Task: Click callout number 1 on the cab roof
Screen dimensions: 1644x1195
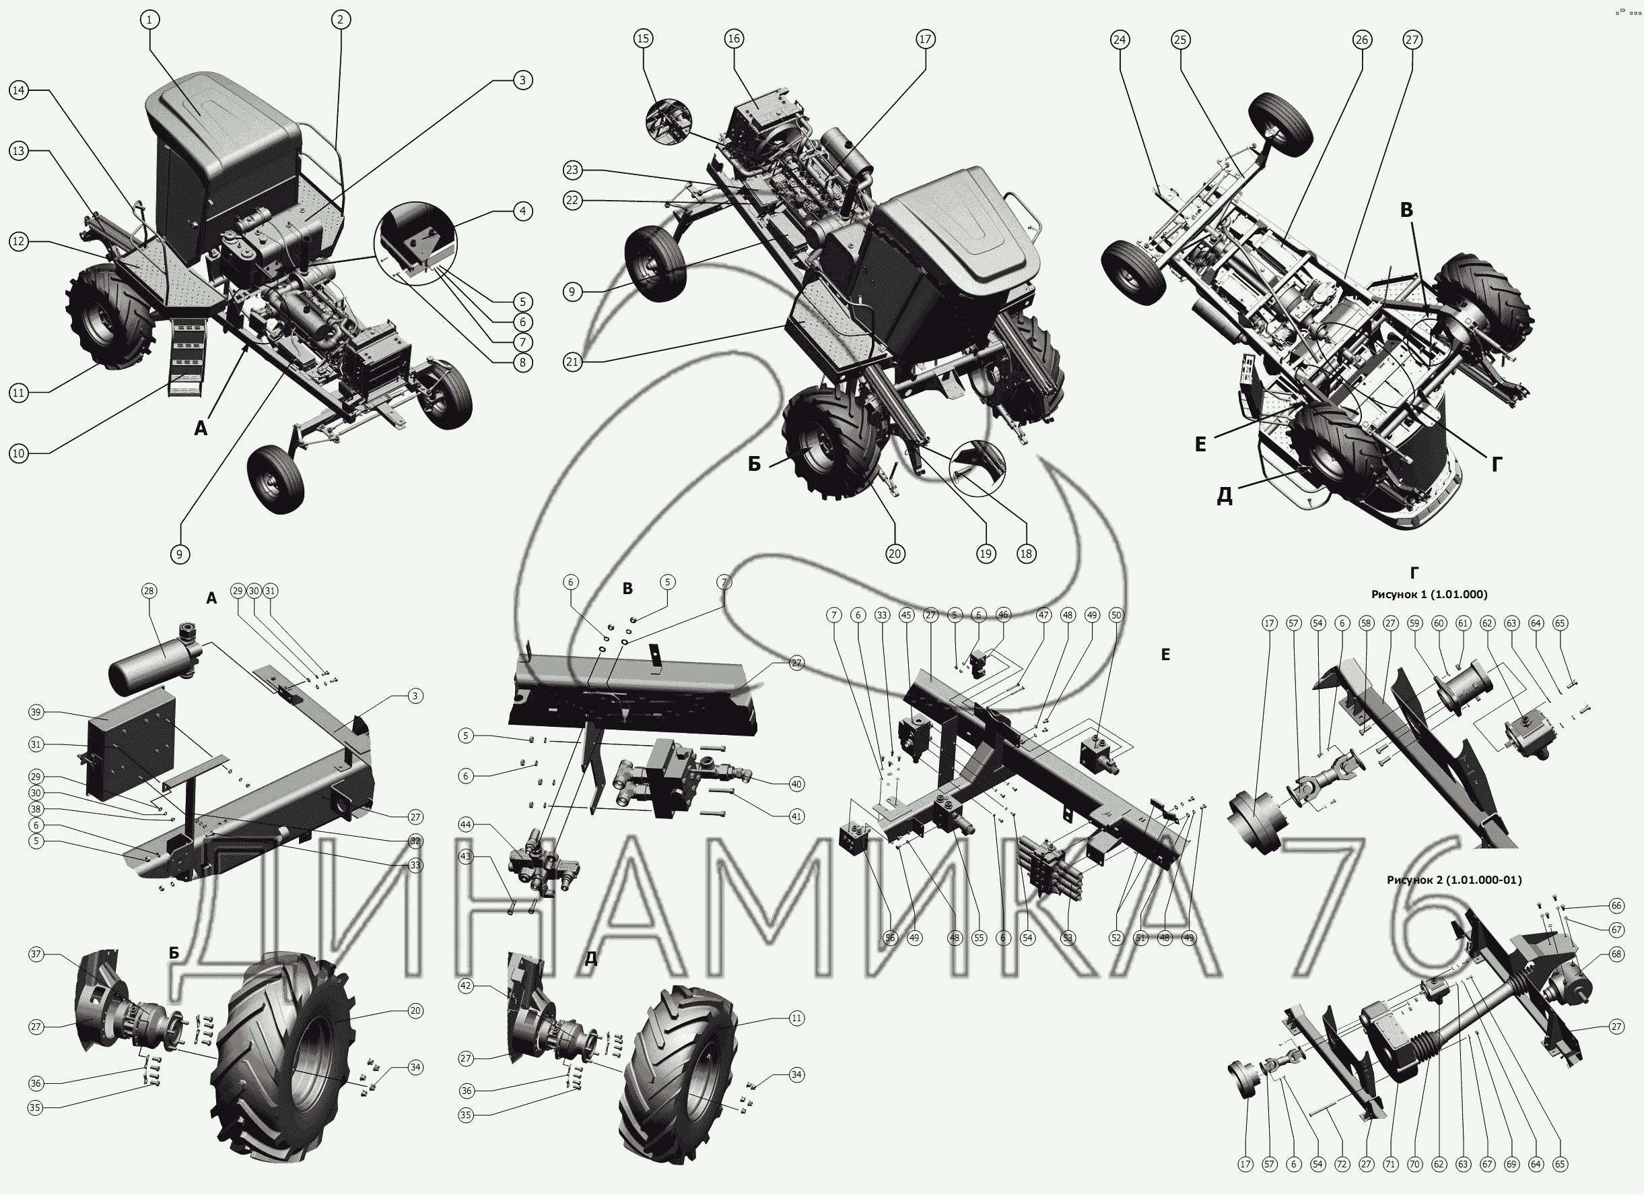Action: pos(149,20)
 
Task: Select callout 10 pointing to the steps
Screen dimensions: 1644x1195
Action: pos(18,454)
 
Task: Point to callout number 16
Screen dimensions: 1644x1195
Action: pos(734,38)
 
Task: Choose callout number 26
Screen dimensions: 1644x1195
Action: pos(1361,39)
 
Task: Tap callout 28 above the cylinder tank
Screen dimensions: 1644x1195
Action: pos(149,591)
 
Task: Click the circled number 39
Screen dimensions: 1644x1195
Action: pos(36,712)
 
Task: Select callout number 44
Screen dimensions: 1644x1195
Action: pos(466,825)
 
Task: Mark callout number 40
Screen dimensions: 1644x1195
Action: pos(796,784)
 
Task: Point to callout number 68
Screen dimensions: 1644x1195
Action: pos(1616,955)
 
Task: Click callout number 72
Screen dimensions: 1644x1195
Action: pos(1342,1165)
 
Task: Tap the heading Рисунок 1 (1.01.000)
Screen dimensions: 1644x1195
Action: pos(1429,594)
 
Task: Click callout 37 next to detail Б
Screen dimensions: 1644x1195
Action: pos(36,955)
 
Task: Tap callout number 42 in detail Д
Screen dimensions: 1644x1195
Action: pos(466,986)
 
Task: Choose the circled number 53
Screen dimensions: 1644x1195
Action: pos(1067,938)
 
